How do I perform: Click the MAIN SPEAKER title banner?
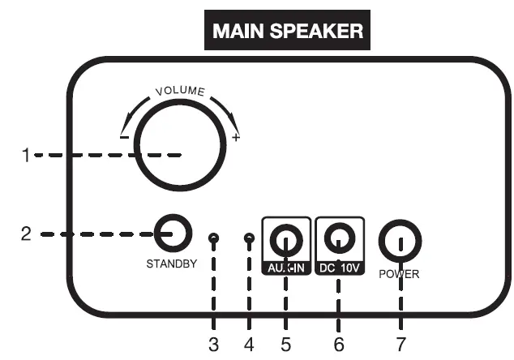tap(287, 31)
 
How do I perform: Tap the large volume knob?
tap(180, 146)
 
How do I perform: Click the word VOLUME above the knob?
tap(180, 91)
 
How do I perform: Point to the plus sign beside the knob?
tap(236, 138)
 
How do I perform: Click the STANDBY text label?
tap(171, 264)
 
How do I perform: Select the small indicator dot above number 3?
tap(213, 239)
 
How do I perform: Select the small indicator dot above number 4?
tap(249, 239)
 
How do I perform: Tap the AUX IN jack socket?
tap(286, 239)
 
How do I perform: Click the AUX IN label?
tap(286, 267)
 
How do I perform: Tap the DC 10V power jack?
tap(339, 238)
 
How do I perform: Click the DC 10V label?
tap(339, 267)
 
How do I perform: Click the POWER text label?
tap(399, 274)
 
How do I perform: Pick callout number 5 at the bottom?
tap(285, 344)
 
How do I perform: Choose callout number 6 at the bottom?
tap(339, 344)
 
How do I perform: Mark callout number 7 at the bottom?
tap(400, 344)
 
